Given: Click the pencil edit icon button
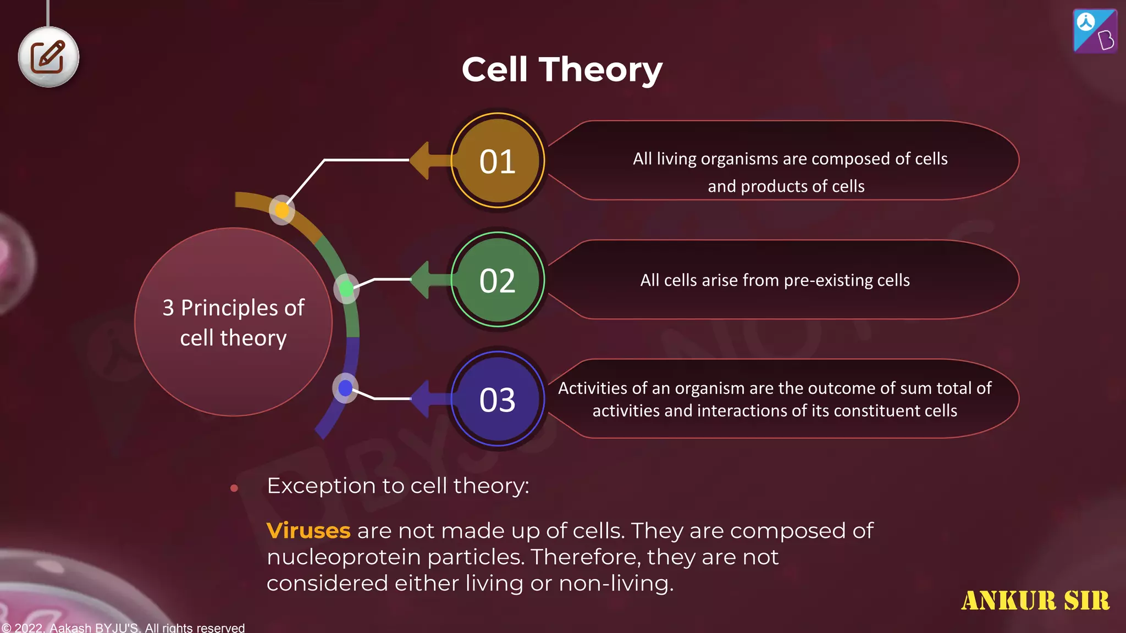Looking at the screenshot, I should click(x=48, y=57).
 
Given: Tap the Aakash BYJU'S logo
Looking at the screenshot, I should click(x=1095, y=31).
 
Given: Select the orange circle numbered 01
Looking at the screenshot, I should click(x=498, y=161).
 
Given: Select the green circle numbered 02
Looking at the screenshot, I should click(x=498, y=280).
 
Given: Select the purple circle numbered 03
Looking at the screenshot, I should click(x=498, y=399).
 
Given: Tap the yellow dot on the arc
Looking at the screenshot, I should click(x=281, y=210).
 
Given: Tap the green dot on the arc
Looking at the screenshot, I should click(x=346, y=288).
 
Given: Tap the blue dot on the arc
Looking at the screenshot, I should click(x=345, y=388).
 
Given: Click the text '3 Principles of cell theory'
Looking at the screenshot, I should click(x=233, y=323).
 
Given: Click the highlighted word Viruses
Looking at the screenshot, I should click(x=308, y=531).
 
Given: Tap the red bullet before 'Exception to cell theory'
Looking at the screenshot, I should click(x=234, y=488).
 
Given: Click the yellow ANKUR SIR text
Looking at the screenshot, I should click(x=1035, y=601).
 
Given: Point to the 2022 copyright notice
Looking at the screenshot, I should click(x=123, y=627).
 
